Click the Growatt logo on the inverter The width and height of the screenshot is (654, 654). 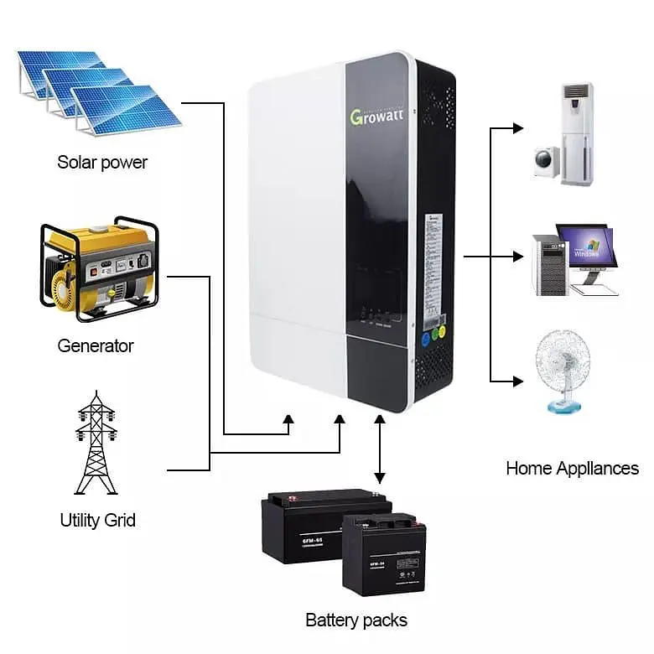pyautogui.click(x=379, y=115)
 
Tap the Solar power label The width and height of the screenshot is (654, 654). pyautogui.click(x=101, y=162)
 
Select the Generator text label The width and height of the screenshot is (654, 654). pyautogui.click(x=95, y=345)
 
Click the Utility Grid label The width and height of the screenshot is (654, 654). pyautogui.click(x=97, y=520)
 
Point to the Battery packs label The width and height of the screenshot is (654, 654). pyautogui.click(x=356, y=620)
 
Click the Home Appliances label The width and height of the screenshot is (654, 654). pyautogui.click(x=572, y=468)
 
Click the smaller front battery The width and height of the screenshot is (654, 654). pyautogui.click(x=384, y=554)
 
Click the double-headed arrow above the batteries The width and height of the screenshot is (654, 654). pyautogui.click(x=380, y=449)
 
